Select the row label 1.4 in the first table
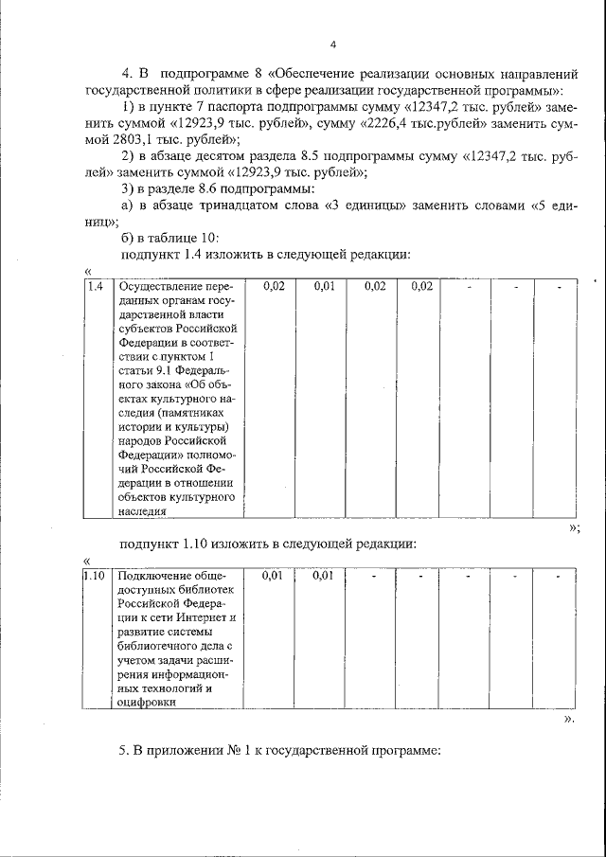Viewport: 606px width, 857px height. (94, 286)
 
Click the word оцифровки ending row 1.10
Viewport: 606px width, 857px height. (148, 702)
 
